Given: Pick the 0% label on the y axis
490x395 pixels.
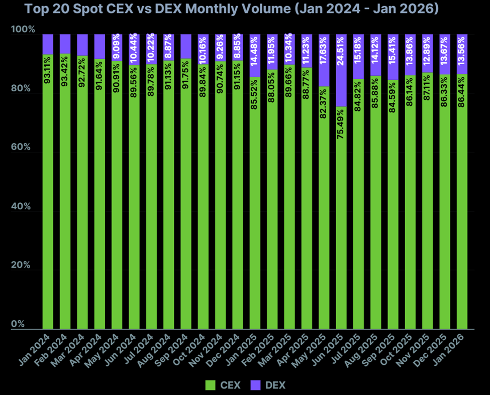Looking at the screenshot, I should [x=18, y=324].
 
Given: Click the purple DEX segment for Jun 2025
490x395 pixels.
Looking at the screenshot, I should [x=341, y=70].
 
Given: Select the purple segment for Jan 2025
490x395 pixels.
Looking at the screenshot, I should [x=255, y=55].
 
